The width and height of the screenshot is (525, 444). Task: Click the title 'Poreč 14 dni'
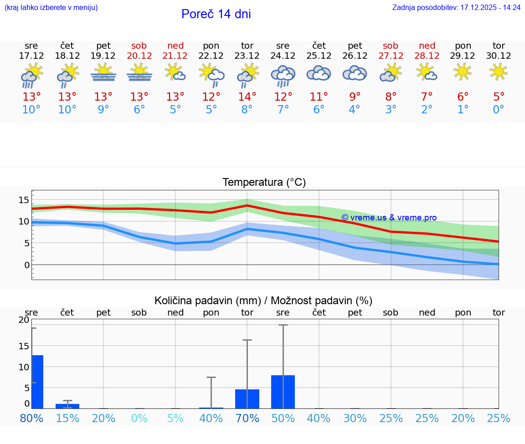click(x=216, y=14)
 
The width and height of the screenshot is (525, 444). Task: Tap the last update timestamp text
click(x=456, y=8)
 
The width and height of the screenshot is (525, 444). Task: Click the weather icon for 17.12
click(x=31, y=75)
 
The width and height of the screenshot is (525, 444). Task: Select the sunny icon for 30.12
click(x=499, y=72)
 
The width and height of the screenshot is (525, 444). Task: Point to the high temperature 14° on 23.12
click(x=247, y=97)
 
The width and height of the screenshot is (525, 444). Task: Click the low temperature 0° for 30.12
click(x=499, y=110)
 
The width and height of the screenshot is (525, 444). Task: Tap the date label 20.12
click(x=139, y=56)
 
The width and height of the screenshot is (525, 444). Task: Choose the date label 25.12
click(x=319, y=56)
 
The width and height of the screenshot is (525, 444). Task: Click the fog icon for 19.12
click(x=103, y=73)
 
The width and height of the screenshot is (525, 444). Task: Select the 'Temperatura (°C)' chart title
click(x=264, y=183)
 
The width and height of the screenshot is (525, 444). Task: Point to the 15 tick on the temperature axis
click(x=24, y=199)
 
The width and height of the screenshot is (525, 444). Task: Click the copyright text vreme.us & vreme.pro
click(x=389, y=218)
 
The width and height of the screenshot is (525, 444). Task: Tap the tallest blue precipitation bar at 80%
click(x=38, y=382)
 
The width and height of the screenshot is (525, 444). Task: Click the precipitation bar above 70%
click(x=247, y=399)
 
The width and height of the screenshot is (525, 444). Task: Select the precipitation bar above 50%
click(x=283, y=392)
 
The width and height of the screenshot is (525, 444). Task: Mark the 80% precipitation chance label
click(x=31, y=418)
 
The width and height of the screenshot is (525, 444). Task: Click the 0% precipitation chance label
click(x=139, y=418)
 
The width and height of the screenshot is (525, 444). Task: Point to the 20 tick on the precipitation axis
click(x=24, y=320)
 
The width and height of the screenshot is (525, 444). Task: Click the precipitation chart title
click(x=263, y=301)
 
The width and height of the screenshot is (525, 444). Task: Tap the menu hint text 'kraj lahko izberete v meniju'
click(x=51, y=8)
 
